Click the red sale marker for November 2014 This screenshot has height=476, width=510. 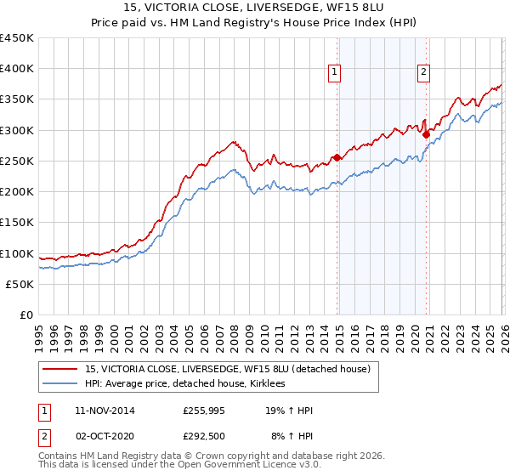pos(337,157)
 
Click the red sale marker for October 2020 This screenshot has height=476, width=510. pos(426,134)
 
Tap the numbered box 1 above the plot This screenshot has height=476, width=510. pos(335,72)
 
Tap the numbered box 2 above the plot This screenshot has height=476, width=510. pos(423,72)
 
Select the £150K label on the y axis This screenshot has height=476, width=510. pos(17,223)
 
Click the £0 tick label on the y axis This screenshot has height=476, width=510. pos(28,314)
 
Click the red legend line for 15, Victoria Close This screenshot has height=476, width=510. pos(61,370)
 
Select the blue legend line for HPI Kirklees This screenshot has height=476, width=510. pos(61,384)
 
